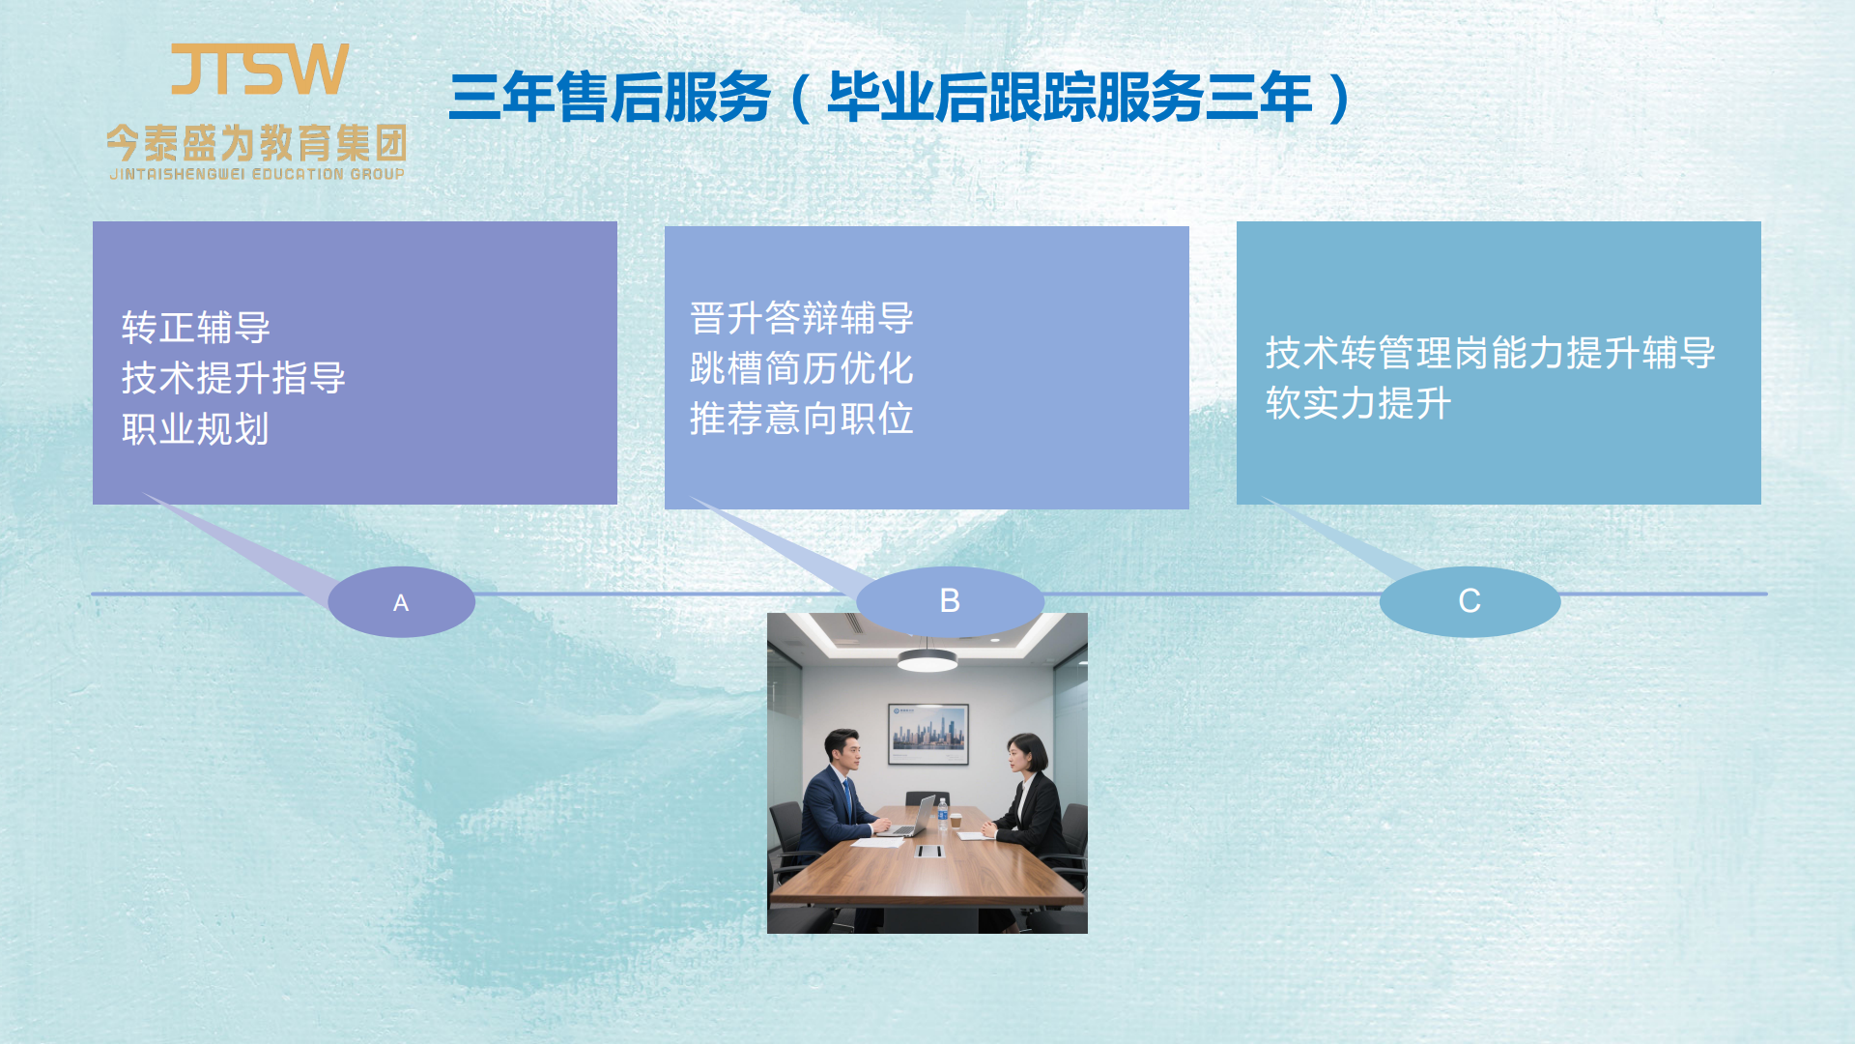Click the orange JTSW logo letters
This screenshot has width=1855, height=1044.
click(259, 69)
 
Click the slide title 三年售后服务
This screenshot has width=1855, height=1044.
click(611, 98)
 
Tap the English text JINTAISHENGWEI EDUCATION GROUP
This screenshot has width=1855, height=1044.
click(257, 174)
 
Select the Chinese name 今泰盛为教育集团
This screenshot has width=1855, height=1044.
click(257, 143)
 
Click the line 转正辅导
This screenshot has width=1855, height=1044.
click(196, 328)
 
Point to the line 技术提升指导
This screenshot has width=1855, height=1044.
click(234, 378)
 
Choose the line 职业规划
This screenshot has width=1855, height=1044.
click(196, 429)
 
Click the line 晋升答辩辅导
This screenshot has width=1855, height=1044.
click(802, 318)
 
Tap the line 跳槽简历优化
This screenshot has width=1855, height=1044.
click(802, 368)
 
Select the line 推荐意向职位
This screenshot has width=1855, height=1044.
click(802, 419)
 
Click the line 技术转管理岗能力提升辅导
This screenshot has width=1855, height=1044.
click(1491, 353)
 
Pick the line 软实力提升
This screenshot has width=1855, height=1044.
click(1359, 403)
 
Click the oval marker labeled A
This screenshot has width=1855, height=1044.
click(402, 601)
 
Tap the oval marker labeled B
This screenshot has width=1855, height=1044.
click(950, 601)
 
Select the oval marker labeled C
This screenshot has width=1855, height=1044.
click(1470, 601)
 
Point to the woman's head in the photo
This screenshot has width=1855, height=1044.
click(1026, 754)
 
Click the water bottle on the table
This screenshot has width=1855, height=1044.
click(943, 814)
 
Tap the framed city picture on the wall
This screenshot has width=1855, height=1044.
click(927, 733)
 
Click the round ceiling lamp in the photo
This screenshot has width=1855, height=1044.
click(927, 660)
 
